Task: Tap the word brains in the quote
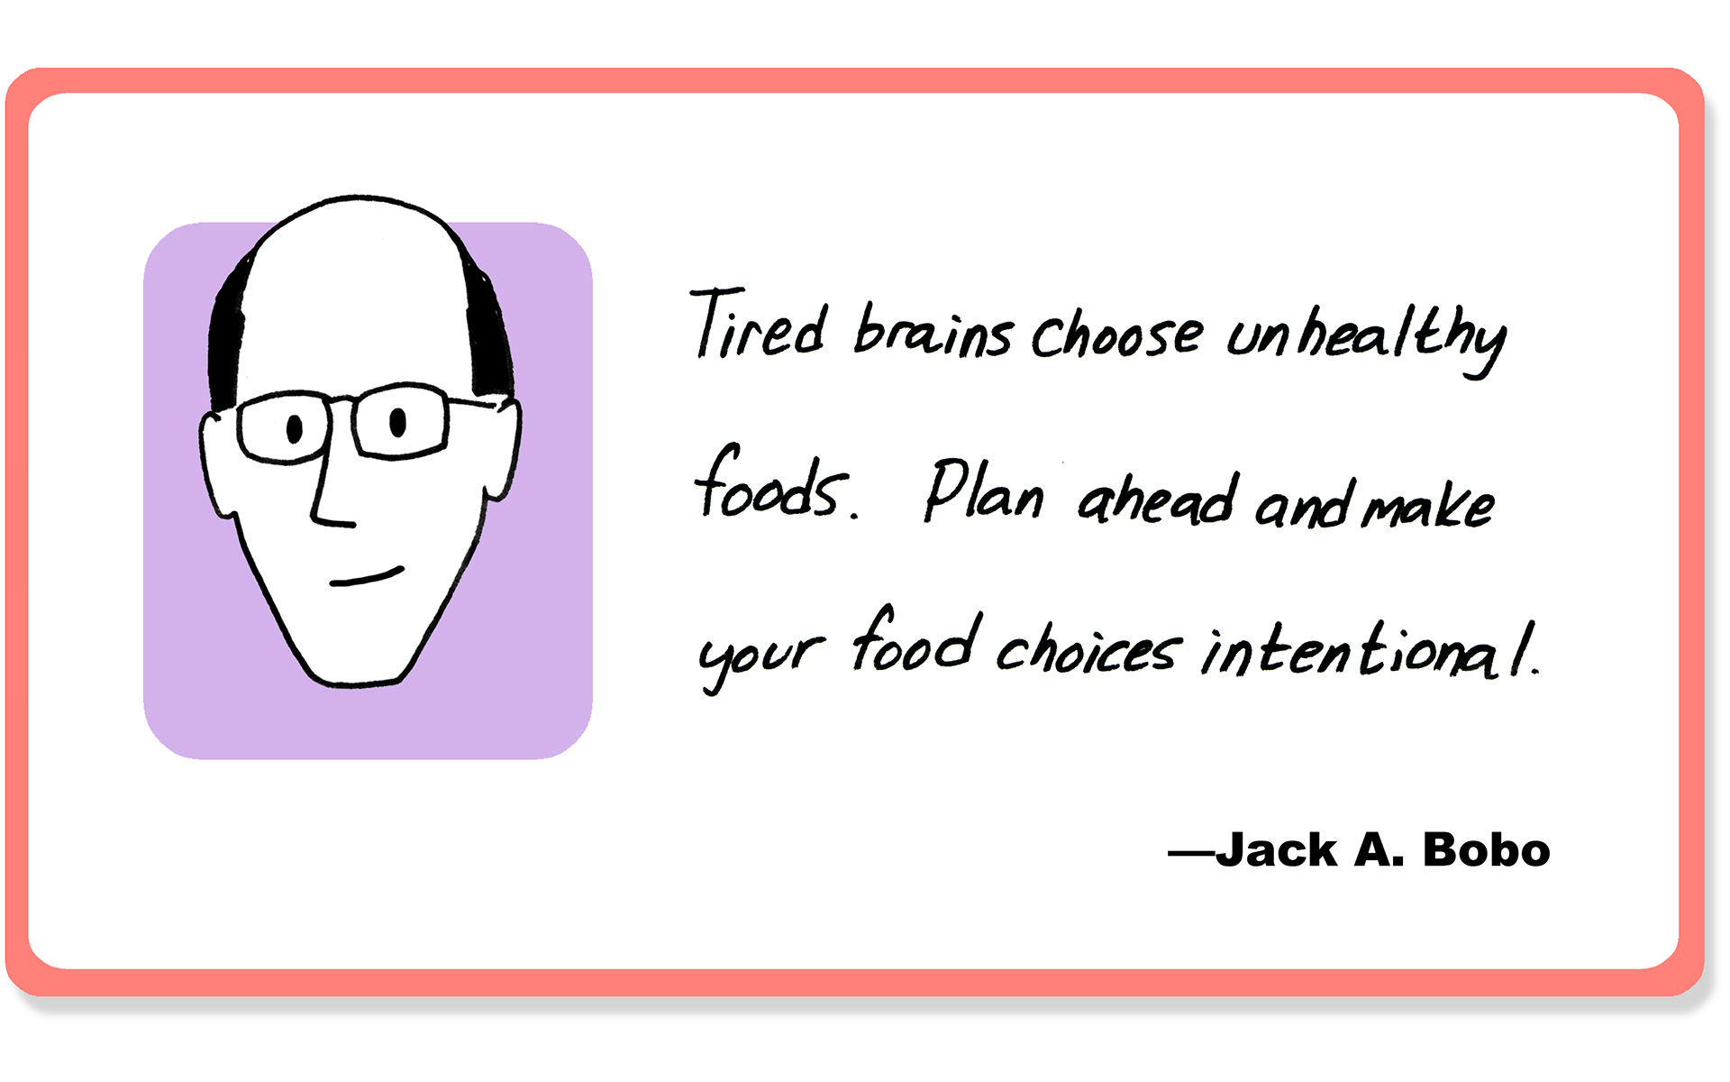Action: point(933,331)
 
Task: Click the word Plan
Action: point(984,491)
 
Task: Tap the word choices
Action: point(1088,647)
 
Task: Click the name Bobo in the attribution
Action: point(1486,850)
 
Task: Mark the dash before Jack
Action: point(1191,852)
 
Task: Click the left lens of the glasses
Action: point(285,427)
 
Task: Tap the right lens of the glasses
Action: point(400,420)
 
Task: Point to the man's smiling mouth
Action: point(367,577)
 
